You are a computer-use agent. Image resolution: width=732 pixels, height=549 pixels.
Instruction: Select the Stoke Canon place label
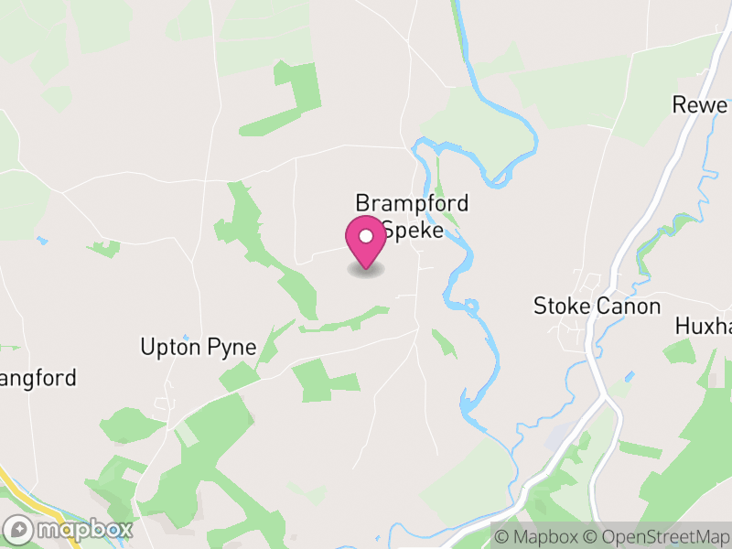[597, 306]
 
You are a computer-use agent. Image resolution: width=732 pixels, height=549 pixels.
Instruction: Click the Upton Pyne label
[198, 347]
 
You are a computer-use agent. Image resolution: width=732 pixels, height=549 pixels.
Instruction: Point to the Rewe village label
[699, 104]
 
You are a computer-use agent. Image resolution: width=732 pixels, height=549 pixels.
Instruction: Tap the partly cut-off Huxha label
[703, 326]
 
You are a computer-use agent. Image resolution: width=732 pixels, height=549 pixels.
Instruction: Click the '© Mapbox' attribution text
[540, 536]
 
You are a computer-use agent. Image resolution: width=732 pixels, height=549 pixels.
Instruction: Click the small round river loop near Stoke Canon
[471, 305]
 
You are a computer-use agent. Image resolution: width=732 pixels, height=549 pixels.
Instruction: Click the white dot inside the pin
[366, 237]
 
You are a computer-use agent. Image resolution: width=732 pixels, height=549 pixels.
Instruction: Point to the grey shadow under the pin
[366, 269]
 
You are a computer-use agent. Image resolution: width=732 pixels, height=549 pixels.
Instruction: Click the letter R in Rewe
[679, 104]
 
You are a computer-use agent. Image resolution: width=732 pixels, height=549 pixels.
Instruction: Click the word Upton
[167, 347]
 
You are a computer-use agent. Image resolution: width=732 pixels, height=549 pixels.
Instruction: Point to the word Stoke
[562, 306]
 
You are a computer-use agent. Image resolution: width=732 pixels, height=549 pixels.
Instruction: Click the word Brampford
[412, 202]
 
